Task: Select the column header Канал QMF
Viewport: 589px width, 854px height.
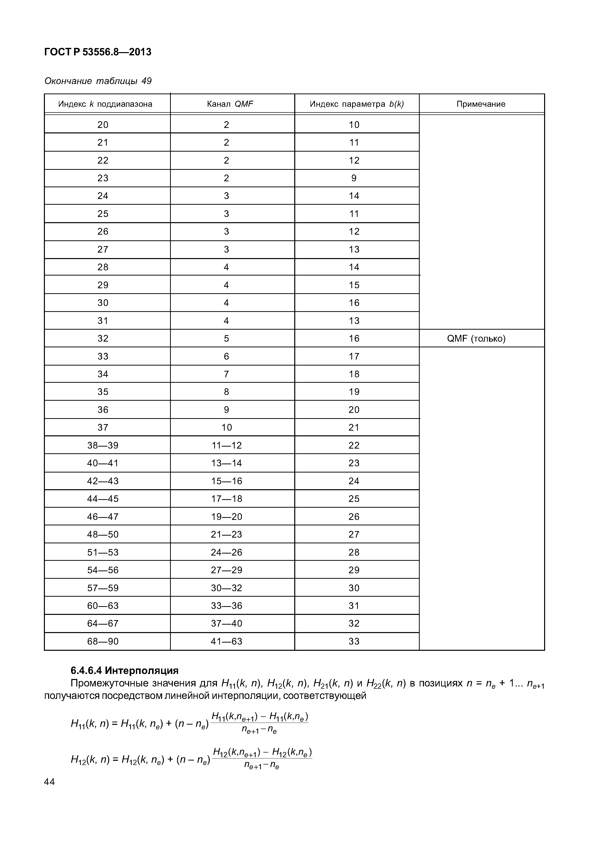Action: [x=230, y=104]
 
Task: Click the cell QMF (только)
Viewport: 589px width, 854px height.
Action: [x=476, y=338]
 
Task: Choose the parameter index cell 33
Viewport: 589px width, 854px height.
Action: [x=354, y=641]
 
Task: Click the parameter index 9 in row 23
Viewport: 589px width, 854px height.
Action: [x=354, y=178]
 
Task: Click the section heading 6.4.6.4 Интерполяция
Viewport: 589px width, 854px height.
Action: [x=124, y=670]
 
